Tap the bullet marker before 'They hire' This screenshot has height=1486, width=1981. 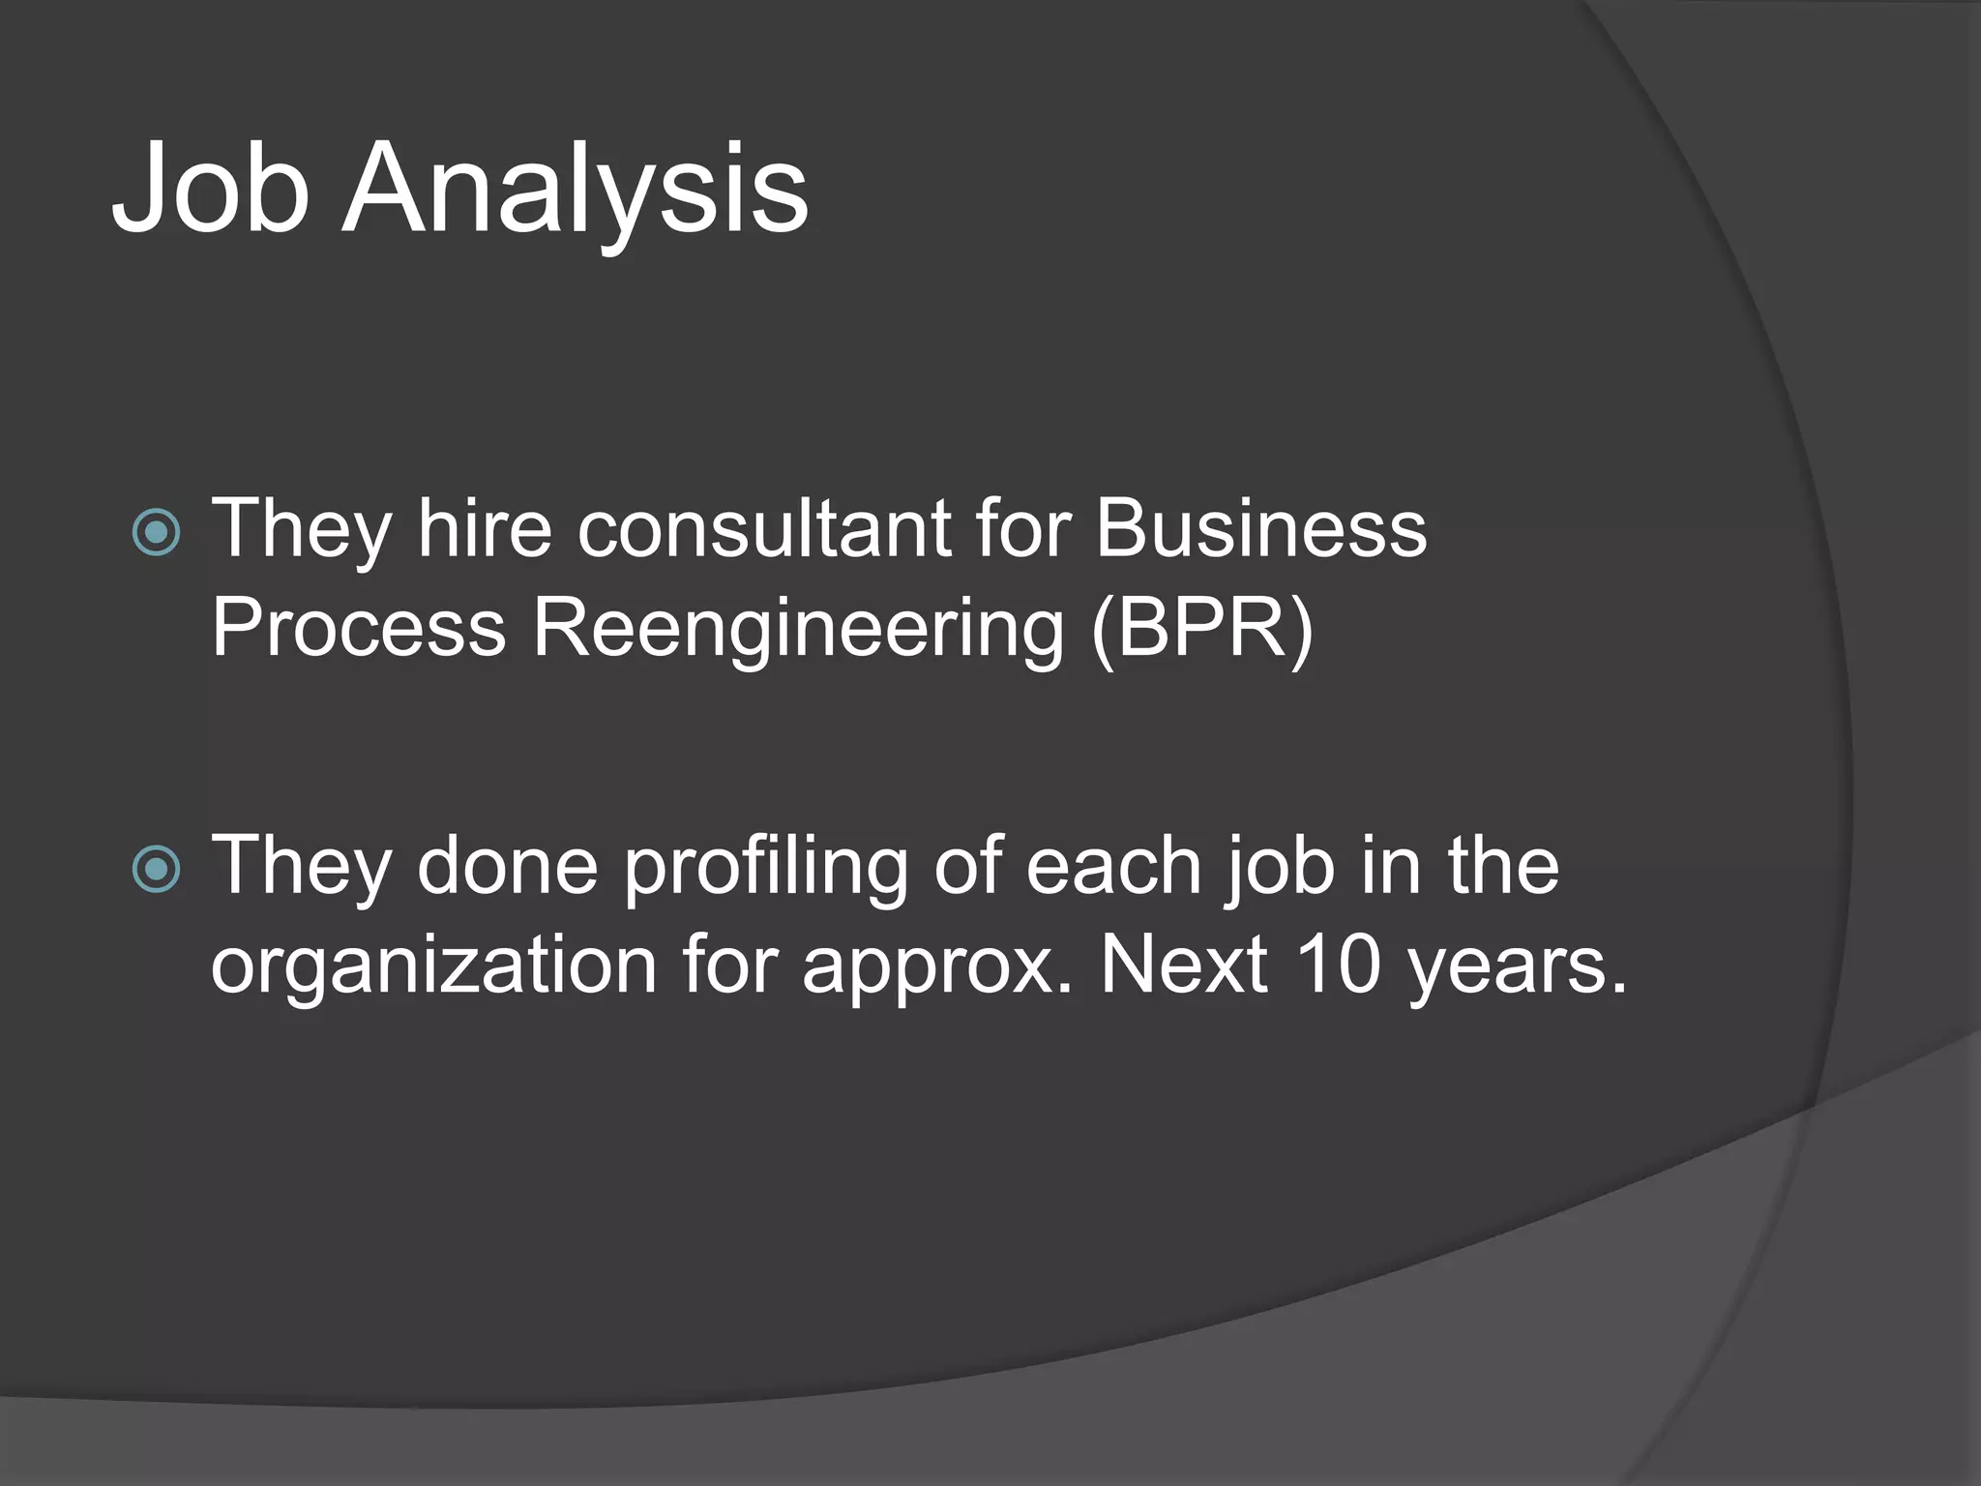(156, 532)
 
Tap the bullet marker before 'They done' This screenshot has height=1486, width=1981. (156, 868)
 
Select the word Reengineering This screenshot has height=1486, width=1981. (798, 629)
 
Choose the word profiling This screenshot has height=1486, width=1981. (764, 867)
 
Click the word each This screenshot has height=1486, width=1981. (1113, 865)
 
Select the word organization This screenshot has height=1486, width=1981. (434, 966)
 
